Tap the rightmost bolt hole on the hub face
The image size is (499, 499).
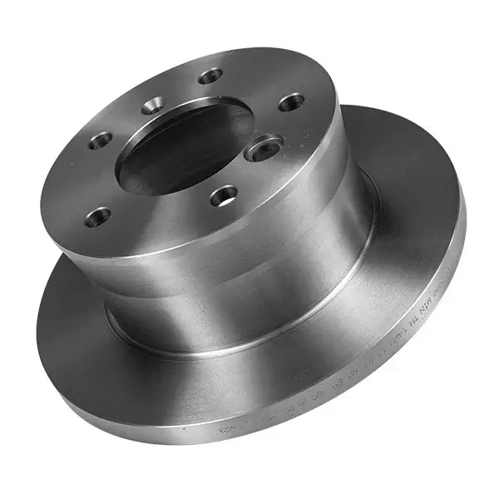pyautogui.click(x=290, y=102)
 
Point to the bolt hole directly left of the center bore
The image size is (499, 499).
pyautogui.click(x=101, y=140)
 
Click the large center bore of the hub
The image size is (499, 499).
pyautogui.click(x=183, y=150)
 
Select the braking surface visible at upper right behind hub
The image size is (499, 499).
pyautogui.click(x=399, y=166)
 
